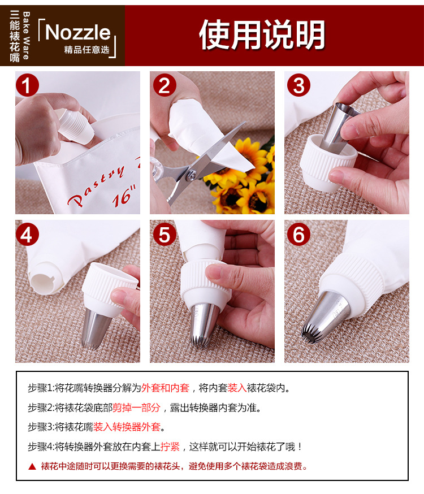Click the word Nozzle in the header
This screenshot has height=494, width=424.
(78, 32)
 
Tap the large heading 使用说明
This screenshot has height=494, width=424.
(262, 34)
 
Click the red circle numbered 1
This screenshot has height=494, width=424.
(27, 85)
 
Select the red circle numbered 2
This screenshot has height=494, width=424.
(164, 85)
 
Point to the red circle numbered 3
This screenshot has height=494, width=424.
(298, 85)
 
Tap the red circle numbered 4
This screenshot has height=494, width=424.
(27, 235)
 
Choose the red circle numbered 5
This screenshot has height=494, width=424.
(164, 235)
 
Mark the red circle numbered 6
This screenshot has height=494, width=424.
(298, 235)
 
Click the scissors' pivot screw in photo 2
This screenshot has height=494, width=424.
(191, 174)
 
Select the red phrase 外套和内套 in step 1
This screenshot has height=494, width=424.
(165, 388)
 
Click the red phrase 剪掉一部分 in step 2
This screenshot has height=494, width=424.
(136, 408)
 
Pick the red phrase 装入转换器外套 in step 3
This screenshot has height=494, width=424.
(127, 427)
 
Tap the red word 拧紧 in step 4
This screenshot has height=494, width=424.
(170, 447)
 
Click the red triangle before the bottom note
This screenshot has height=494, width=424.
(32, 467)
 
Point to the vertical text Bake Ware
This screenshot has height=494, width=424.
(26, 36)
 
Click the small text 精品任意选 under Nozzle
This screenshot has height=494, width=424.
(87, 50)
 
